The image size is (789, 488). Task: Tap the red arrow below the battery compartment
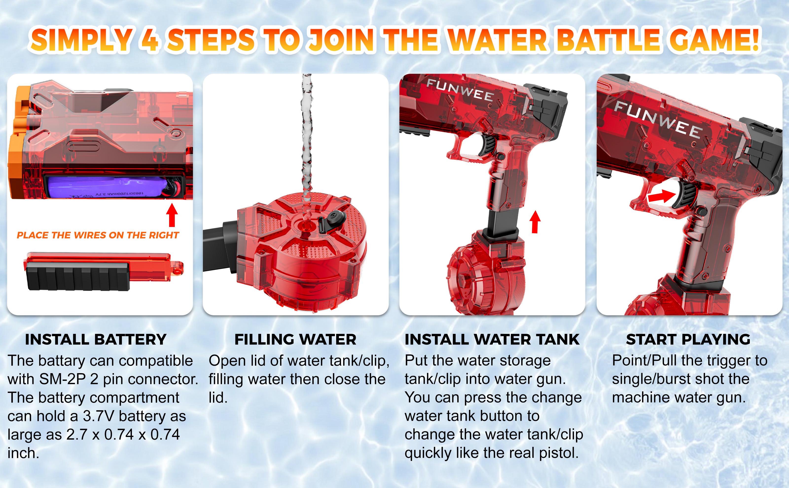[172, 215]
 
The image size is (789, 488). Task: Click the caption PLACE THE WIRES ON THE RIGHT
[98, 235]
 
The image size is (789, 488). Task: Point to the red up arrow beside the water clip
[535, 222]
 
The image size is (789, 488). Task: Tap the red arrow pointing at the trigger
[662, 197]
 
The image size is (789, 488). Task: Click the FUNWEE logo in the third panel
[460, 90]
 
